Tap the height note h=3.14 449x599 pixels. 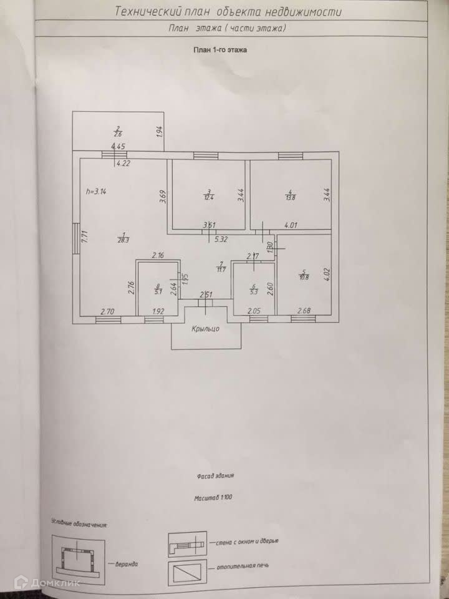(x=95, y=192)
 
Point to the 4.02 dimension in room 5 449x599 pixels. (x=326, y=275)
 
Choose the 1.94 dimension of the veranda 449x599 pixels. (x=160, y=132)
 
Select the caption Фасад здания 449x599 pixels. (x=215, y=475)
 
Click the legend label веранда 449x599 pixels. (x=127, y=563)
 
